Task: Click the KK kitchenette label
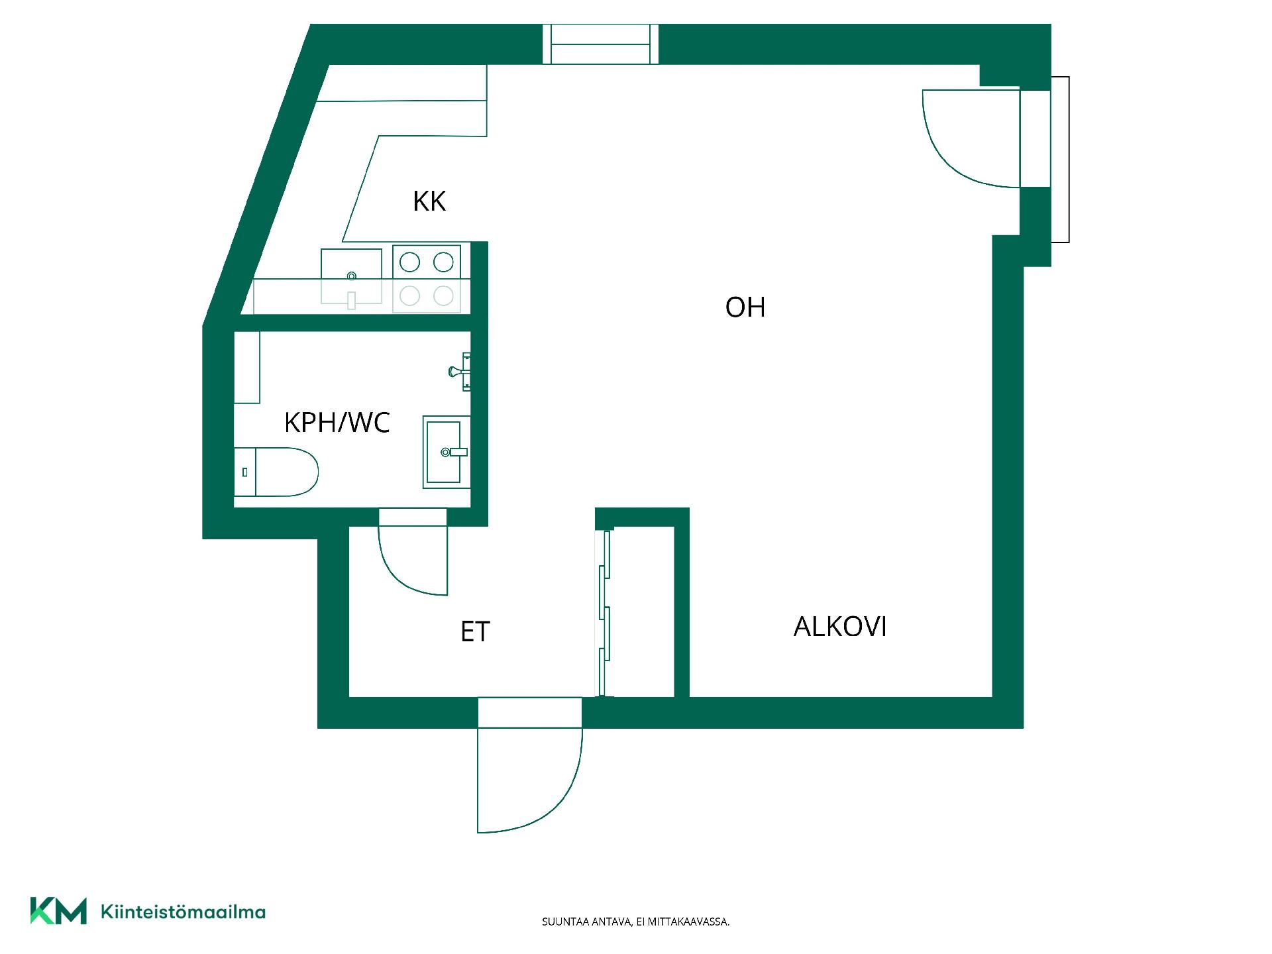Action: (429, 201)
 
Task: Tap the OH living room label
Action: (745, 307)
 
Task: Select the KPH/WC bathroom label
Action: (337, 422)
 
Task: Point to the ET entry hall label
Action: (475, 631)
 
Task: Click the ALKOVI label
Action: (840, 627)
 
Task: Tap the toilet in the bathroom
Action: (276, 472)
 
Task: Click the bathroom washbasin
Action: (447, 452)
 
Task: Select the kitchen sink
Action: (351, 276)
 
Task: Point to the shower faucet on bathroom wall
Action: (460, 371)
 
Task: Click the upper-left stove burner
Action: (410, 262)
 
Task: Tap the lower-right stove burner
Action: (443, 295)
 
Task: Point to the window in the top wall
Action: (600, 44)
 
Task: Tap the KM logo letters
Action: (58, 911)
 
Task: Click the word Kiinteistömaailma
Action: (183, 912)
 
